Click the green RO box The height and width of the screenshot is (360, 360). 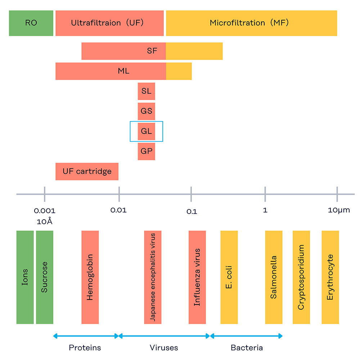click(x=31, y=23)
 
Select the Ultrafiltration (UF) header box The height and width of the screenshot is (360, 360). click(x=109, y=23)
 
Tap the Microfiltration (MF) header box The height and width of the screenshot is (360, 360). click(x=251, y=23)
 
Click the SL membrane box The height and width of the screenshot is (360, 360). click(x=147, y=91)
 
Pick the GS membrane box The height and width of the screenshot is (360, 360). click(x=147, y=111)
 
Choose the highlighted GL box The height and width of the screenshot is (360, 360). click(x=147, y=131)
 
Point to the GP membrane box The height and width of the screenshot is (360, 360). click(x=147, y=152)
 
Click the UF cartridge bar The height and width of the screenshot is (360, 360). click(x=87, y=171)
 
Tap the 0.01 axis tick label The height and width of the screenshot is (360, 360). click(x=119, y=210)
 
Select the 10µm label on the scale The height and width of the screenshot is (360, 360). click(x=339, y=210)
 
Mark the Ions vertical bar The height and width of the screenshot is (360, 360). click(x=25, y=277)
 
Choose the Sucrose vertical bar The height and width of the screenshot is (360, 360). click(x=45, y=277)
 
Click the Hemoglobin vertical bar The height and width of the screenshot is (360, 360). click(x=90, y=277)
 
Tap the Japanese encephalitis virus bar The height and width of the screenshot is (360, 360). click(x=153, y=277)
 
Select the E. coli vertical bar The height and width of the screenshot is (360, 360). click(x=229, y=277)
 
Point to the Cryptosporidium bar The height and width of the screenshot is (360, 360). click(x=301, y=277)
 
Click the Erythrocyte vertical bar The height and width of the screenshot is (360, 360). click(x=330, y=277)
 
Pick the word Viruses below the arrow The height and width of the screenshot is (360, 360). click(x=164, y=348)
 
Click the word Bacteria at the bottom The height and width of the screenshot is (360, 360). click(x=247, y=348)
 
